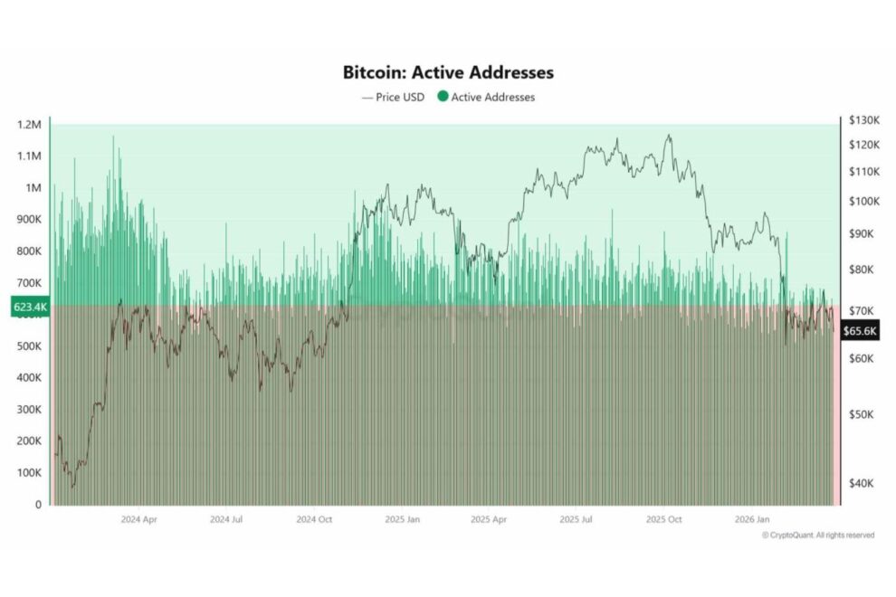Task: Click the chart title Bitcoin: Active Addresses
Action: (x=448, y=71)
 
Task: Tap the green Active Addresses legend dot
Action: (x=443, y=97)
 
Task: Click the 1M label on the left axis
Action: (x=34, y=187)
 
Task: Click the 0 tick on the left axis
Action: (x=38, y=504)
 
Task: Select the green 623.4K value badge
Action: (x=30, y=308)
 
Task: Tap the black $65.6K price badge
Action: (x=859, y=331)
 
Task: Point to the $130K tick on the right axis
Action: (x=864, y=120)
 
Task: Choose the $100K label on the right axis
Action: (x=864, y=201)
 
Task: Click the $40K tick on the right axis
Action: (x=862, y=483)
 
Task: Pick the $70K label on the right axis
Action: (x=862, y=310)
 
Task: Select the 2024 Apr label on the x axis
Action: (x=139, y=520)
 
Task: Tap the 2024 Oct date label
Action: (x=314, y=520)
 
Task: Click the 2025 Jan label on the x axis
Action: (x=403, y=520)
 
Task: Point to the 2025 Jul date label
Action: (x=577, y=520)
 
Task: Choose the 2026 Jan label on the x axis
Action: (x=752, y=520)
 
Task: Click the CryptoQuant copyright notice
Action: (x=818, y=535)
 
